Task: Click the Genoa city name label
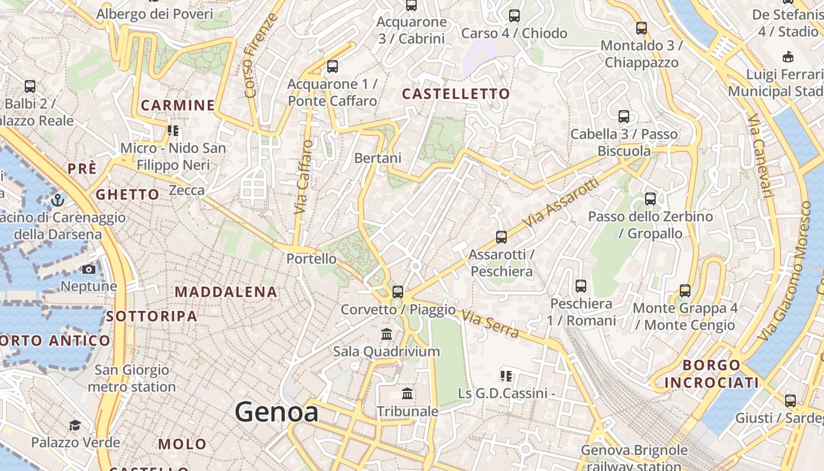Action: tap(277, 412)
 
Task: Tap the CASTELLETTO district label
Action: tap(456, 94)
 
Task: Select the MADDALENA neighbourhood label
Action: tap(225, 291)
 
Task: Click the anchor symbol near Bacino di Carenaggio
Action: tap(57, 200)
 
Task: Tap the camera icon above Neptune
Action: tap(88, 270)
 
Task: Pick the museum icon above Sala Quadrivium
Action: tap(387, 334)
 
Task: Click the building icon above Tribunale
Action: tap(407, 393)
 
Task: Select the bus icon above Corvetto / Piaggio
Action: tap(398, 291)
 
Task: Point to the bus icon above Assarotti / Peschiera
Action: tap(501, 237)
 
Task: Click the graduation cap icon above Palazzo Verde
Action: tap(75, 425)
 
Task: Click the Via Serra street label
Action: tap(490, 325)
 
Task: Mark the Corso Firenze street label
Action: tap(259, 56)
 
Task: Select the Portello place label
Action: tap(311, 258)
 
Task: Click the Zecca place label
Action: tap(187, 190)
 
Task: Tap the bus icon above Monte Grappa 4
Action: tap(685, 290)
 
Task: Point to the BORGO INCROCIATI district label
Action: tap(712, 374)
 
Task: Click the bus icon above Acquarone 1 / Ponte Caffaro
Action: tap(333, 67)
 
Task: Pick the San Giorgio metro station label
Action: tap(132, 379)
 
